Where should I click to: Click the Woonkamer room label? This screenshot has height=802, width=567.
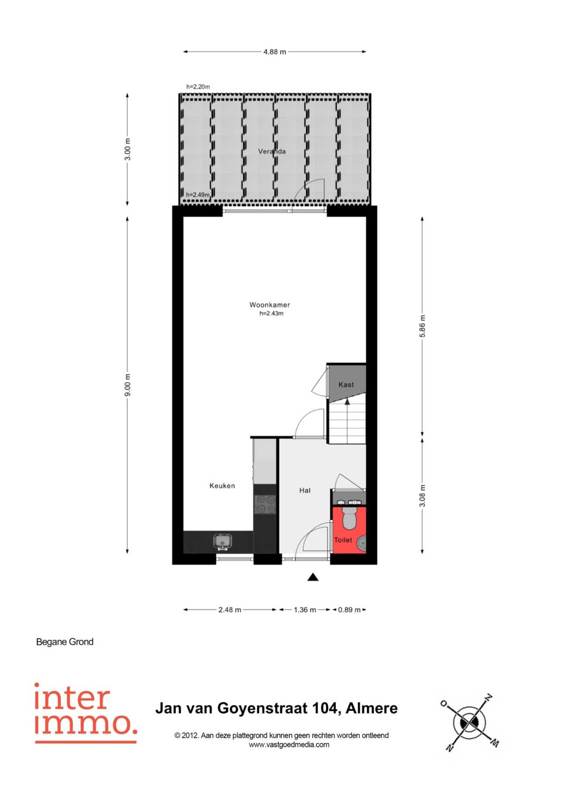click(x=270, y=305)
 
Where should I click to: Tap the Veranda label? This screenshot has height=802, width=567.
click(x=272, y=151)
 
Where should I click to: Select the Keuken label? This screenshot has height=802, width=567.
click(x=222, y=486)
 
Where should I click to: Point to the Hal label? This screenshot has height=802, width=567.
click(x=305, y=490)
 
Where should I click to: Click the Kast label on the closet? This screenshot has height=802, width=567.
click(x=346, y=384)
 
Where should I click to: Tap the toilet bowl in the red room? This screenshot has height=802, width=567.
click(x=350, y=517)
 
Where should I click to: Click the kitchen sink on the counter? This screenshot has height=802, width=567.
click(x=222, y=542)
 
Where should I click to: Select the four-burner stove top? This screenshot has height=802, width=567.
click(x=265, y=504)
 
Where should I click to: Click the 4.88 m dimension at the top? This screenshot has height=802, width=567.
click(x=275, y=52)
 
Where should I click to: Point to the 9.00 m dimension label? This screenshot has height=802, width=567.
click(x=127, y=385)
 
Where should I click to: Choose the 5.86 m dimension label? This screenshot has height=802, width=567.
click(x=422, y=326)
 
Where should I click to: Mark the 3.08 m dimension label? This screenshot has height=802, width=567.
click(x=422, y=496)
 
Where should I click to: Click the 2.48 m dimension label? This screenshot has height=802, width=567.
click(x=230, y=610)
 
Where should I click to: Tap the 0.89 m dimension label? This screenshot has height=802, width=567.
click(x=349, y=610)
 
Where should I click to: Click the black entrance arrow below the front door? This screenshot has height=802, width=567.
click(x=313, y=577)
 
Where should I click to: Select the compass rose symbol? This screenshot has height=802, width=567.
click(x=469, y=723)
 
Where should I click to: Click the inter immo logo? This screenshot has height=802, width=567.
click(x=86, y=713)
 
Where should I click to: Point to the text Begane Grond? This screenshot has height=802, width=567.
click(x=65, y=642)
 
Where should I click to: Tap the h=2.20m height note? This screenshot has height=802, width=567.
click(x=198, y=87)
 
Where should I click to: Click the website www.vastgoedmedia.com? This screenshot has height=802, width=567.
click(x=289, y=744)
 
